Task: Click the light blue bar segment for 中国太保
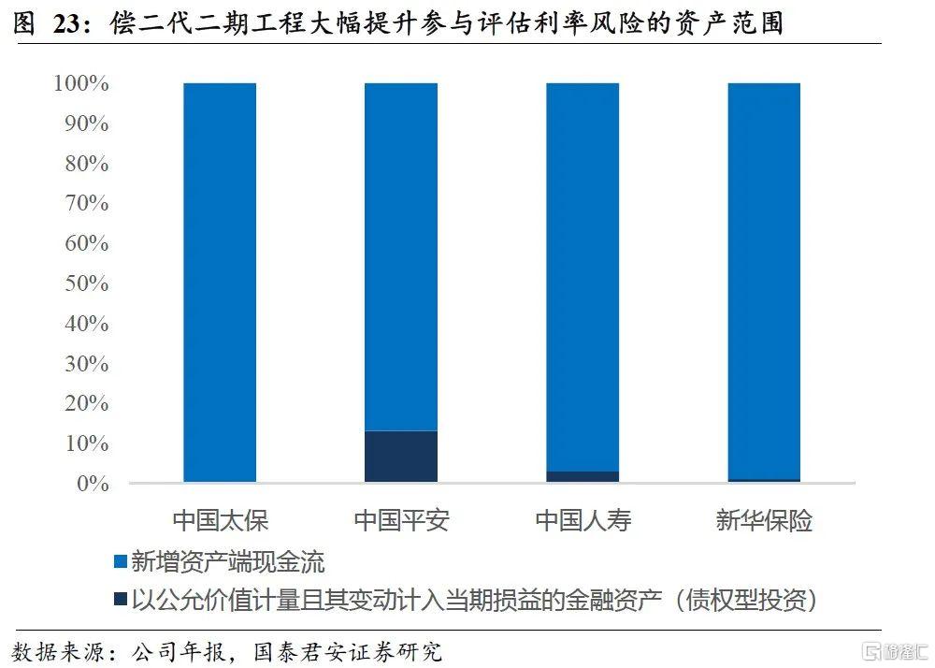(x=220, y=281)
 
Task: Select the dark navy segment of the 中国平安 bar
(x=401, y=457)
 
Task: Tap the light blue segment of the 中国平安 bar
(x=401, y=253)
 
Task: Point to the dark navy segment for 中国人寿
(x=582, y=477)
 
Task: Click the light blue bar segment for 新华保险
(x=764, y=281)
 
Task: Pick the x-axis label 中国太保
(x=220, y=520)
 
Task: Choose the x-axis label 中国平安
(x=401, y=520)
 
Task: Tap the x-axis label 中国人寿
(x=582, y=520)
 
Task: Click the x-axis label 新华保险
(x=764, y=520)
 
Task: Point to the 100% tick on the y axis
(x=81, y=84)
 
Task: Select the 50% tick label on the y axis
(x=85, y=283)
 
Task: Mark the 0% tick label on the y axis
(x=93, y=484)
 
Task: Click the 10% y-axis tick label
(x=85, y=443)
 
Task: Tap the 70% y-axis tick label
(x=85, y=204)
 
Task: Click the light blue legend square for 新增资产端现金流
(x=120, y=561)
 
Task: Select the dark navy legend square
(x=120, y=599)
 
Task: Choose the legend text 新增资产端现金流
(x=228, y=561)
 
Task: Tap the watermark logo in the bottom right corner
(x=893, y=650)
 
